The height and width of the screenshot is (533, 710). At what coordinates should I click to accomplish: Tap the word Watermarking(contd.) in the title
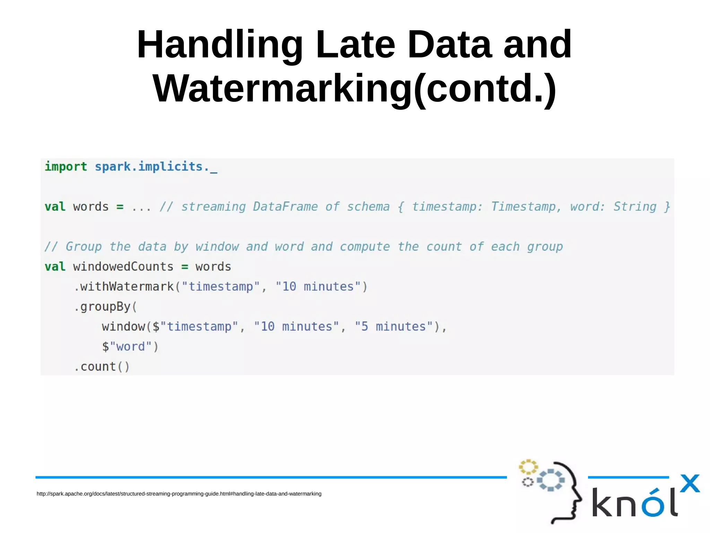[x=354, y=89]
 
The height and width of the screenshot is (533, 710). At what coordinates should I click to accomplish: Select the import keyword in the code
[x=66, y=167]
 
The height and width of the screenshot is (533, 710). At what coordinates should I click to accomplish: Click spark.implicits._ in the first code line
[x=156, y=167]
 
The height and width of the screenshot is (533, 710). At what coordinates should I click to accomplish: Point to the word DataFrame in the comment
[x=285, y=207]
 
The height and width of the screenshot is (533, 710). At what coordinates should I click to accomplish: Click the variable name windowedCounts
[x=123, y=267]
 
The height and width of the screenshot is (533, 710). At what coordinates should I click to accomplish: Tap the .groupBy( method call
[x=105, y=307]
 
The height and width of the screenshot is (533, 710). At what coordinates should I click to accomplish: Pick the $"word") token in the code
[x=130, y=347]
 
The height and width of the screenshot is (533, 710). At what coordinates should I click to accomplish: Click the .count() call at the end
[x=102, y=367]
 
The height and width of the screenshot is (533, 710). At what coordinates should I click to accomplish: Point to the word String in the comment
[x=635, y=207]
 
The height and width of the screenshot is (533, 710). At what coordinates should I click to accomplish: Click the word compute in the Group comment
[x=365, y=247]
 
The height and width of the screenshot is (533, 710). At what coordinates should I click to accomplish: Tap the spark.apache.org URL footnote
[x=179, y=494]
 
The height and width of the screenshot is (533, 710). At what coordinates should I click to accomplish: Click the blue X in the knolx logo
[x=690, y=483]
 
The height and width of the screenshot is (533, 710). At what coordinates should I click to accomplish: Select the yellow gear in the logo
[x=528, y=467]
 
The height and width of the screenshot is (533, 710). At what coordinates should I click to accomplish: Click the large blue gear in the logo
[x=551, y=480]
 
